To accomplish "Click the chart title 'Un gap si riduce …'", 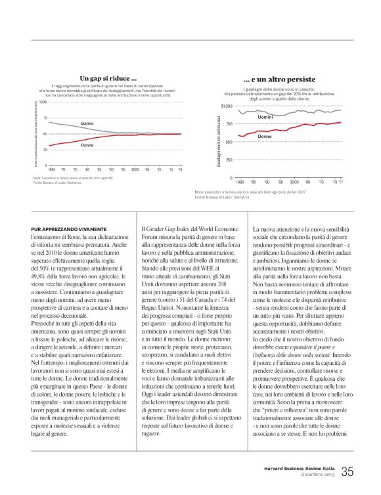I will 108,78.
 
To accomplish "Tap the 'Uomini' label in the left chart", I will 87,123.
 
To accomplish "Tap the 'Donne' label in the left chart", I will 87,144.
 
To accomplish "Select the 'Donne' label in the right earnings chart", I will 265,136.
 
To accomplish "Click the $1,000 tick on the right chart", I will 227,106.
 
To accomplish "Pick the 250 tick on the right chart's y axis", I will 229,160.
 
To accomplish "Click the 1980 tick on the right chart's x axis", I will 240,182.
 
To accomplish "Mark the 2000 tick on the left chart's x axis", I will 135,169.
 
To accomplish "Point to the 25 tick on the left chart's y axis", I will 45,150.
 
